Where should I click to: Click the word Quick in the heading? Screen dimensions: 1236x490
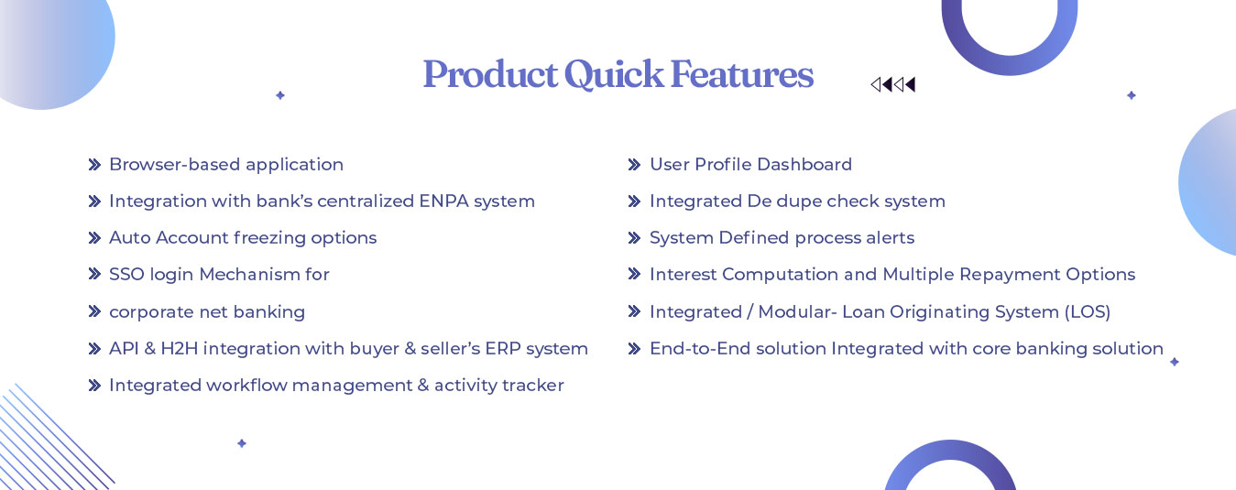click(614, 75)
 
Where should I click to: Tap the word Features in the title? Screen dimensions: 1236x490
click(742, 74)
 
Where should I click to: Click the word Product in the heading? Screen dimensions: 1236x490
click(490, 74)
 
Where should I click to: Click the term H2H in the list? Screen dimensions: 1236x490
click(180, 349)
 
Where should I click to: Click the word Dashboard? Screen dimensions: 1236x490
click(804, 165)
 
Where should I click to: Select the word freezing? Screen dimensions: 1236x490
click(269, 238)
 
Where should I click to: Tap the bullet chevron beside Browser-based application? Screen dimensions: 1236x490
click(94, 165)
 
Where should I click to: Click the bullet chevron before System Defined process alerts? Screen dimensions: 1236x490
click(634, 238)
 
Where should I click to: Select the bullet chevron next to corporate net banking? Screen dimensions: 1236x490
click(94, 311)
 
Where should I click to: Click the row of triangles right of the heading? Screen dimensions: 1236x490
click(892, 84)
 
